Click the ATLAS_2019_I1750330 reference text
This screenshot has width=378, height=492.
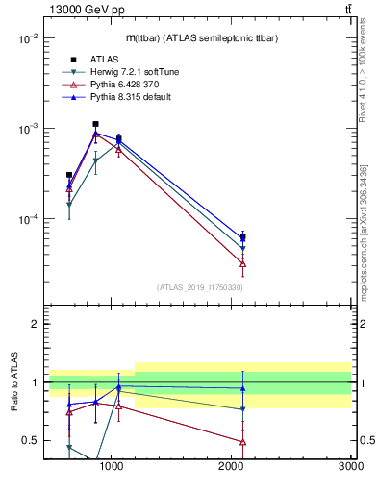tap(200, 287)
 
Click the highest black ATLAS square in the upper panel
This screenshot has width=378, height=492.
tap(95, 124)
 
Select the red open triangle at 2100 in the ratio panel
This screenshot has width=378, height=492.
tap(242, 442)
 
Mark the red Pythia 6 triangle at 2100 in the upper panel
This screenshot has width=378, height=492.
tap(242, 263)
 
